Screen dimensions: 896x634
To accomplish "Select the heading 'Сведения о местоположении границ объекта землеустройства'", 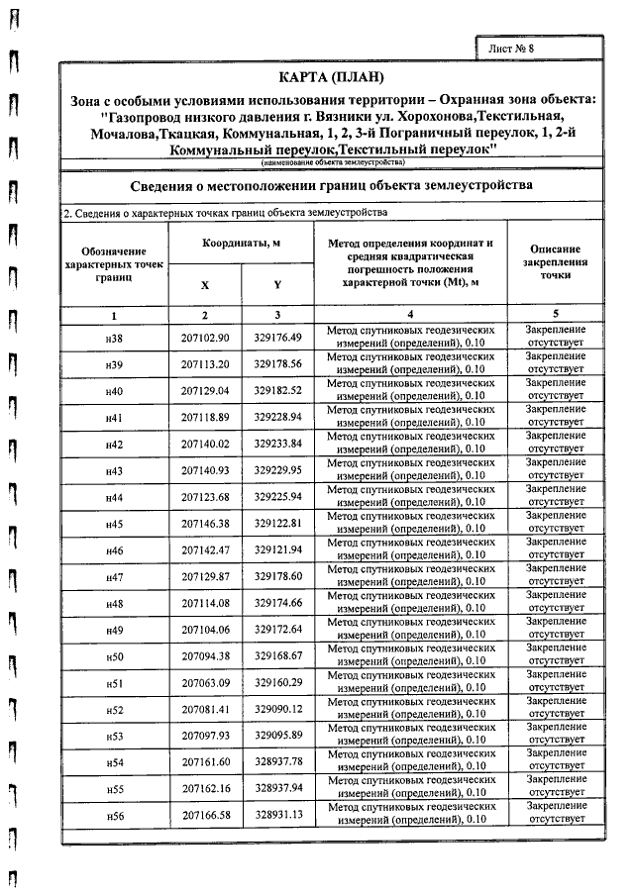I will pos(332,185).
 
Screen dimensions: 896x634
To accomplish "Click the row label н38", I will pos(114,339).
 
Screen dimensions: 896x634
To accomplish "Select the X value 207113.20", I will pos(205,364).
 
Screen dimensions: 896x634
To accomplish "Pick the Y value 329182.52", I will pos(277,390).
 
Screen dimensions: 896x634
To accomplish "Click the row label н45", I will pos(114,524).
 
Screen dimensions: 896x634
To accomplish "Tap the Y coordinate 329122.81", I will pos(277,524).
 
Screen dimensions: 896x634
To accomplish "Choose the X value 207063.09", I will pos(205,683).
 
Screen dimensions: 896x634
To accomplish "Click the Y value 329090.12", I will pos(277,710).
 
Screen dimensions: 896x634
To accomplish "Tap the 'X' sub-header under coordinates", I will pos(205,284).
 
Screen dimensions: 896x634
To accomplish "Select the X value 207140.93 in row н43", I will pos(205,470).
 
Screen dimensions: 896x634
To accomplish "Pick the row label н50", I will pos(114,656).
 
